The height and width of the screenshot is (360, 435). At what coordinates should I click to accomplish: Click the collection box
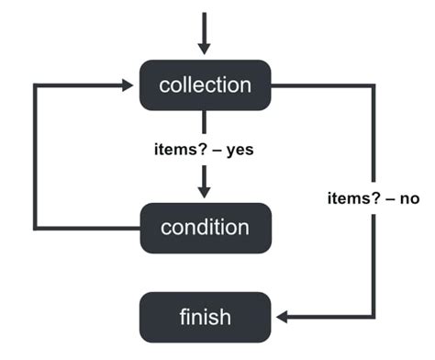click(205, 85)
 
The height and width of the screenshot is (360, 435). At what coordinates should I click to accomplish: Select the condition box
click(205, 227)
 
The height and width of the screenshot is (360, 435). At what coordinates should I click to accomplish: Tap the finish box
click(205, 317)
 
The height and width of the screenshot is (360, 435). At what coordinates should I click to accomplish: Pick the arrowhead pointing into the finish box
click(282, 317)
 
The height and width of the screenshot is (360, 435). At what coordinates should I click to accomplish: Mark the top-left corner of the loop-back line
click(36, 85)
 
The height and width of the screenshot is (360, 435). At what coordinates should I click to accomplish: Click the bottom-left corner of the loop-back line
click(36, 227)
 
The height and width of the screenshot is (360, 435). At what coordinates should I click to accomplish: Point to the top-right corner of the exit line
click(374, 85)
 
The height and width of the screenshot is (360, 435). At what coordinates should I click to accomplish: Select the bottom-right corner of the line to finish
click(374, 317)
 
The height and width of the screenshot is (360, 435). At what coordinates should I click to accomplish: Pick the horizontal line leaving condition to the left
click(87, 227)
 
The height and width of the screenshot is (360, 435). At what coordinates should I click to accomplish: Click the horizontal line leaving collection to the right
click(321, 85)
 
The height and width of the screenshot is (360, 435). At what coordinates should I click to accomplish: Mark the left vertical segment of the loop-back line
click(36, 156)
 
